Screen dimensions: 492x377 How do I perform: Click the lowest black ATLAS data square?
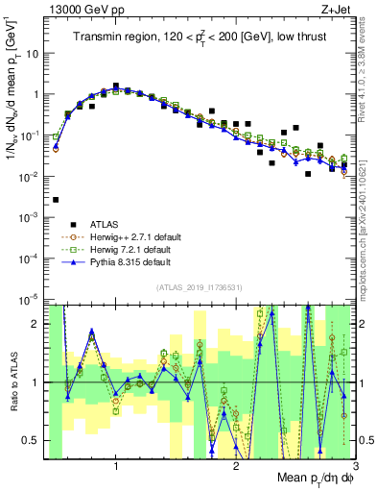56,200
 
